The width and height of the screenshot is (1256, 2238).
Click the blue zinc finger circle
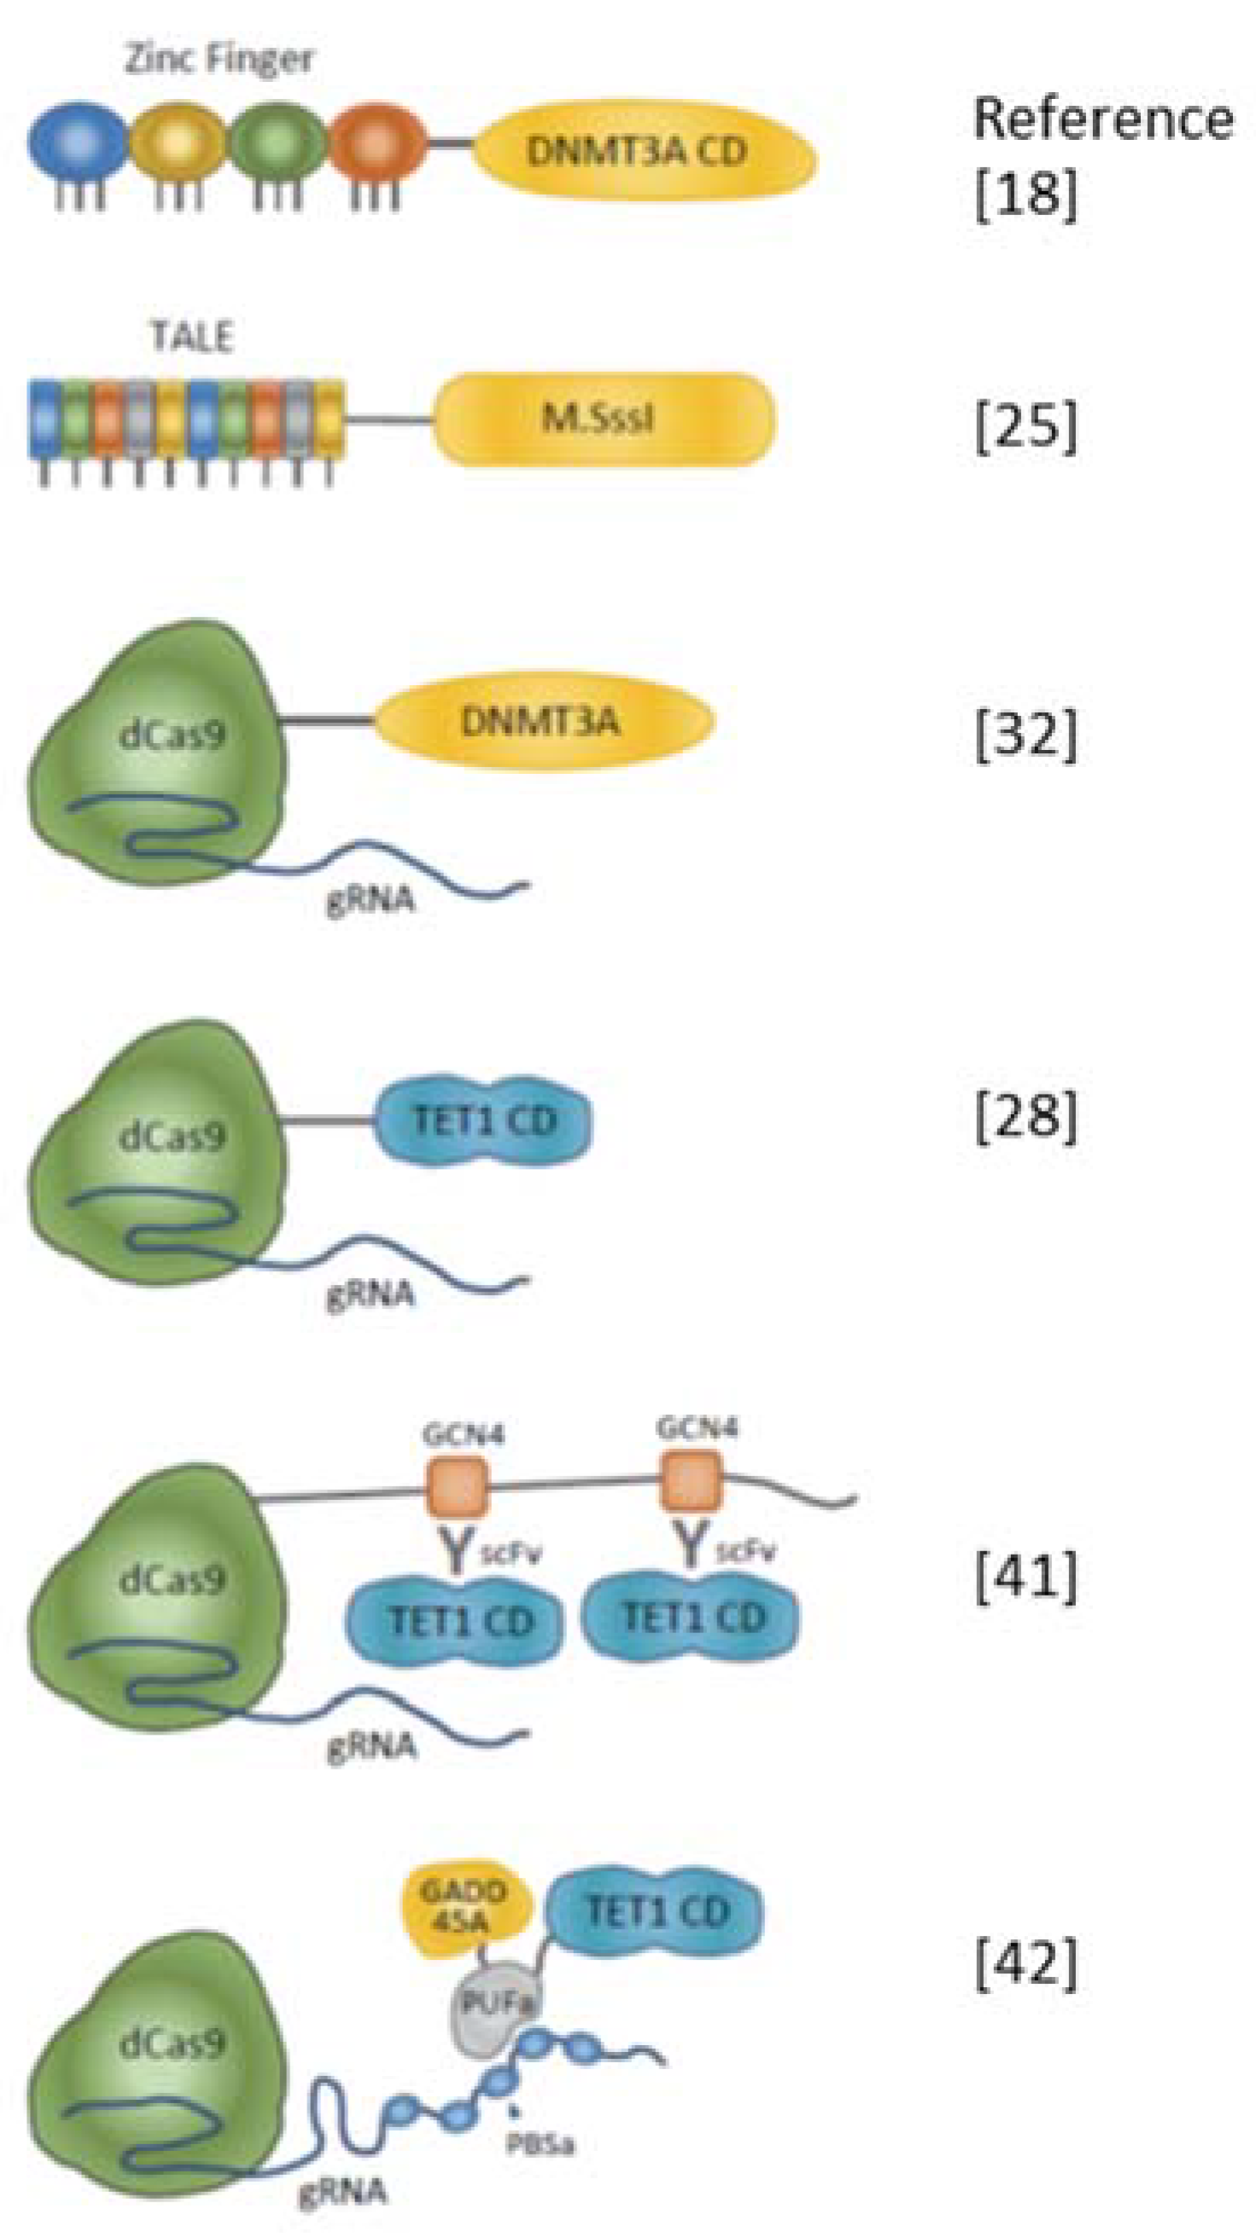click(79, 141)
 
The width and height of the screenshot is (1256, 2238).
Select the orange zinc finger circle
click(377, 141)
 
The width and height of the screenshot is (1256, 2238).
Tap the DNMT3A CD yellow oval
click(643, 151)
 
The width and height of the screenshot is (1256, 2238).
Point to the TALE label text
click(192, 337)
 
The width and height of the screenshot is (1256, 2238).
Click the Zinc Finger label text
click(219, 59)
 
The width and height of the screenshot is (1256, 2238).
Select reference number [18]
click(1025, 193)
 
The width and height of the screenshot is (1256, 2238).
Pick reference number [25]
click(1025, 427)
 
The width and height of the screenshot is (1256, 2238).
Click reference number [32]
click(1025, 735)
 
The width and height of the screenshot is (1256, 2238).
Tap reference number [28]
click(1025, 1117)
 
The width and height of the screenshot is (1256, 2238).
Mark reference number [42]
click(1025, 1963)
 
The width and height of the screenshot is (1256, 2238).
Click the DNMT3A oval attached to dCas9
click(543, 721)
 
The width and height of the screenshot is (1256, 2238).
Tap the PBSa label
click(540, 2144)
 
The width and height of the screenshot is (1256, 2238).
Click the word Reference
click(1102, 119)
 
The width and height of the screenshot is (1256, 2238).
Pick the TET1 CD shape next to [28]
click(484, 1121)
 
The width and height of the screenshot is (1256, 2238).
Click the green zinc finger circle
click(278, 141)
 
